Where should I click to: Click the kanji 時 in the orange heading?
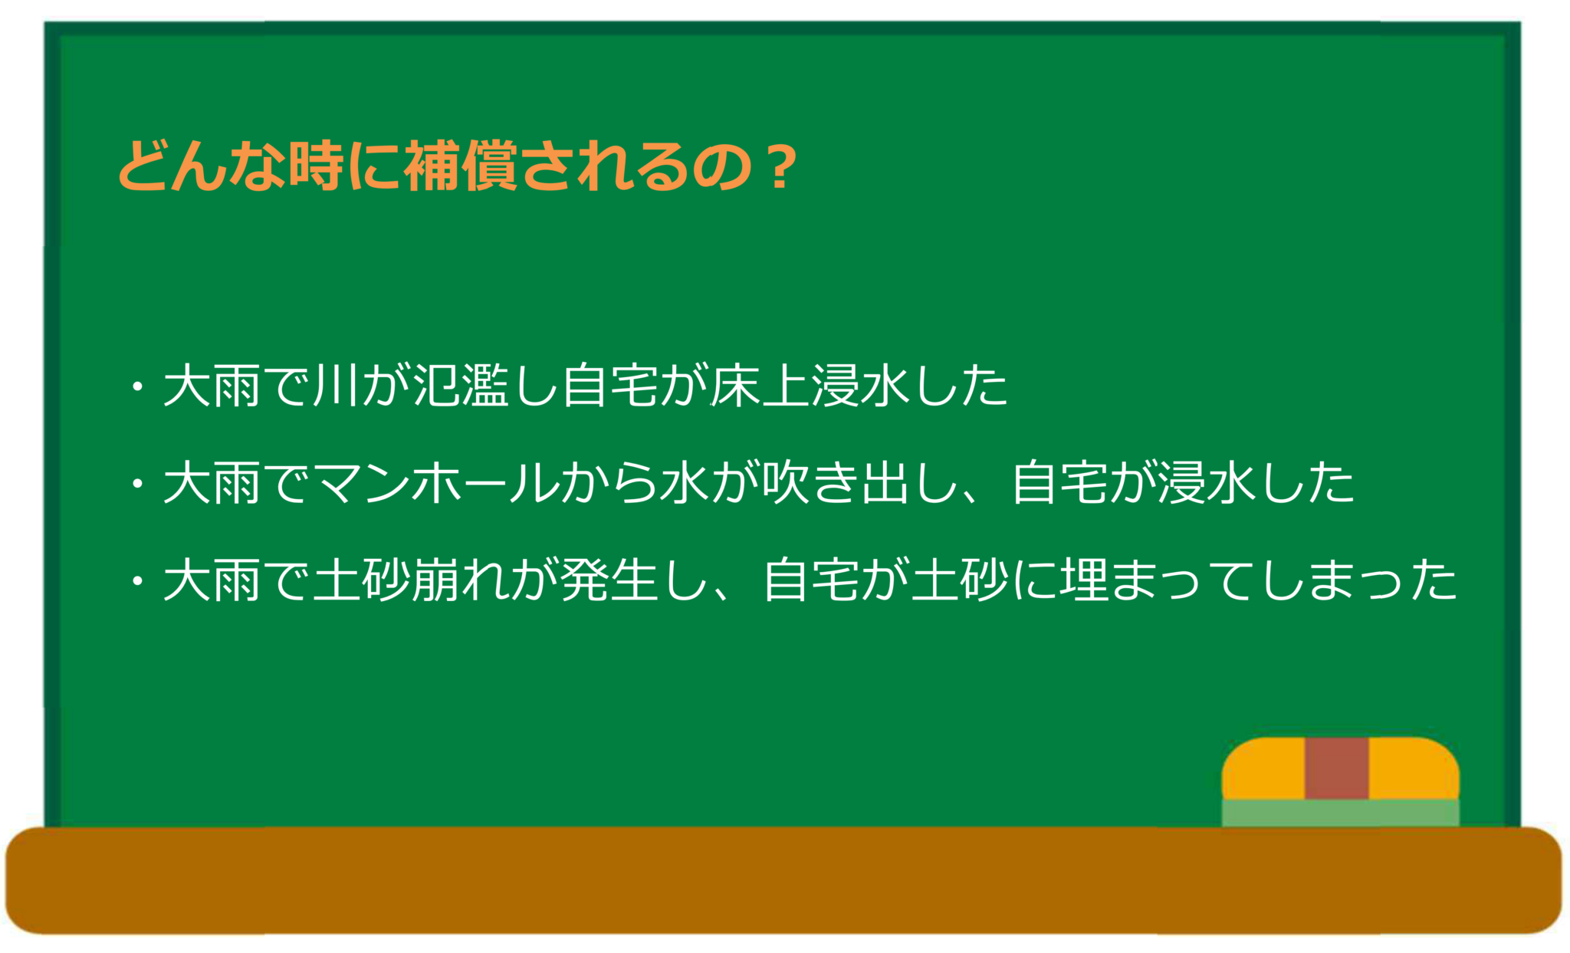coord(316,165)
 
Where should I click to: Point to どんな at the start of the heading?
coord(202,165)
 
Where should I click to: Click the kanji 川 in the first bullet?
coord(336,385)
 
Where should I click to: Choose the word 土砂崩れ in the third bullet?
coord(411,580)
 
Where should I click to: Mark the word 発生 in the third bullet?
coord(609,580)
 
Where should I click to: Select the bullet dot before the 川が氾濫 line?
coord(138,386)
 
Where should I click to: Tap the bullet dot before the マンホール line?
coord(138,484)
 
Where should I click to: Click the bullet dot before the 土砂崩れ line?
coord(138,580)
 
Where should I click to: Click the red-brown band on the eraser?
coord(1337,768)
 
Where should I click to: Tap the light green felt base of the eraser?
coord(1341,813)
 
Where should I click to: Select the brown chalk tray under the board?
coord(783,880)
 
